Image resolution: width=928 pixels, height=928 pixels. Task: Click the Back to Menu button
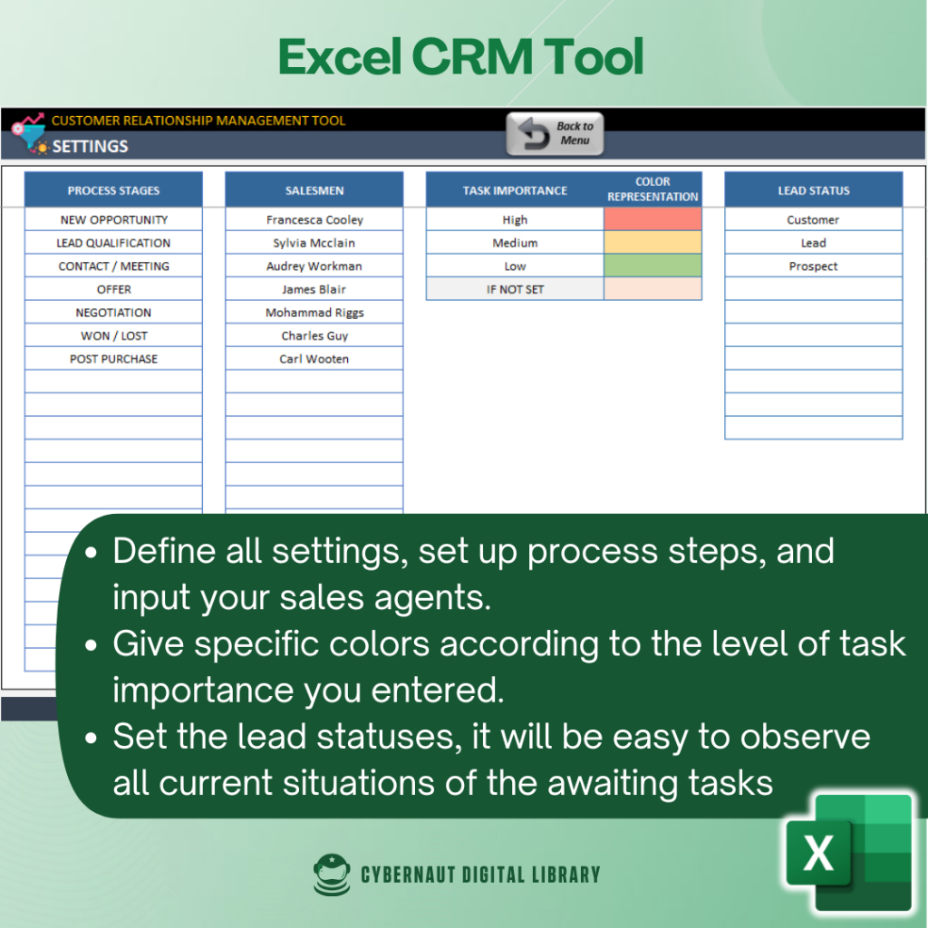point(555,134)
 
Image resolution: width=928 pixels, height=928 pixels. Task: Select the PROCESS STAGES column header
point(113,190)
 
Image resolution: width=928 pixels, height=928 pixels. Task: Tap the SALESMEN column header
point(314,190)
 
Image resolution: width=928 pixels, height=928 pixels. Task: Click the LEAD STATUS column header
point(813,190)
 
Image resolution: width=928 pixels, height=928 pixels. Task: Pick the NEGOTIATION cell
point(113,312)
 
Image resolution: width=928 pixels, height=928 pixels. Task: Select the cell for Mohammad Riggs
point(314,312)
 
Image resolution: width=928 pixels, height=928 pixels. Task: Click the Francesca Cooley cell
point(314,219)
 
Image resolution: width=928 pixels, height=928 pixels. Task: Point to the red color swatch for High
point(652,219)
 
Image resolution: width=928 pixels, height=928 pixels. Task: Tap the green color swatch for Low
point(652,266)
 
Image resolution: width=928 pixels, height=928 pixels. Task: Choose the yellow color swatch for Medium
point(652,243)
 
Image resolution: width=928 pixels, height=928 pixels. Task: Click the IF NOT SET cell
point(515,289)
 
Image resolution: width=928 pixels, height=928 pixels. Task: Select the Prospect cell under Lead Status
point(813,266)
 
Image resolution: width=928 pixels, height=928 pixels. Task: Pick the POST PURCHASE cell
point(113,359)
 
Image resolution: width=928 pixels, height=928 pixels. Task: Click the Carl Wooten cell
point(314,359)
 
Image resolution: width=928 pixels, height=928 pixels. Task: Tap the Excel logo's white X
point(818,853)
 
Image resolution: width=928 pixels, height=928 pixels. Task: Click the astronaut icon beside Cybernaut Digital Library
point(332,875)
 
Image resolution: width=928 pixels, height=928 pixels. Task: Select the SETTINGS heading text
point(90,146)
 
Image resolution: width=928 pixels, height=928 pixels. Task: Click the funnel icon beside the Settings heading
point(30,132)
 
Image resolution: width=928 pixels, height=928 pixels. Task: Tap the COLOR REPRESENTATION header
point(652,189)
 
